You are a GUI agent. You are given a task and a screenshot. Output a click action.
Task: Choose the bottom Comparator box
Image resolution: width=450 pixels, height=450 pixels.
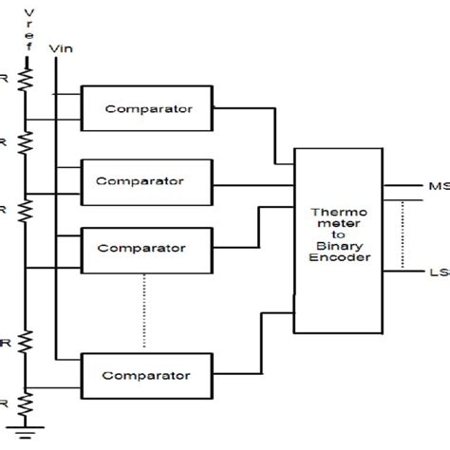150,374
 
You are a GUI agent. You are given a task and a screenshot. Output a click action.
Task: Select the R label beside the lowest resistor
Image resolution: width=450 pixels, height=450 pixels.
5,403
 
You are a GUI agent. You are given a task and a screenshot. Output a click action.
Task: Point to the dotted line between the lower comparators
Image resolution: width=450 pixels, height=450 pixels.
144,309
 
